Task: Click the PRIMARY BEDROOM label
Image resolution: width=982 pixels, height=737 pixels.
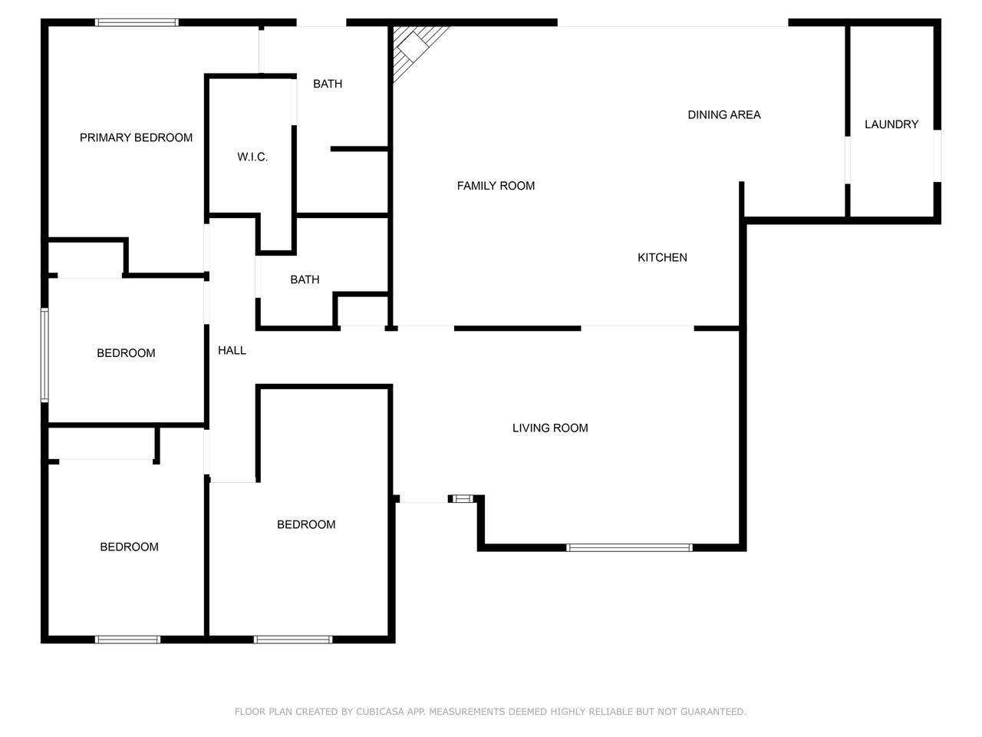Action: [136, 137]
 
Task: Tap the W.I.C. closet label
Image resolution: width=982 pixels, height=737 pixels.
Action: [252, 157]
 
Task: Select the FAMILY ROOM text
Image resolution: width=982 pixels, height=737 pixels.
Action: [496, 186]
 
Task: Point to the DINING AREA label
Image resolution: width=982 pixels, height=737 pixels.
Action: [724, 115]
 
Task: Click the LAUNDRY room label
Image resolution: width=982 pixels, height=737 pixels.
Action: [891, 124]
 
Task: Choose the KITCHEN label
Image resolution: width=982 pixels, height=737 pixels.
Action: [662, 257]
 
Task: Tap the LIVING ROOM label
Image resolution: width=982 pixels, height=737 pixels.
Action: [550, 428]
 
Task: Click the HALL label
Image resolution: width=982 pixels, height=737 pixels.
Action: [232, 350]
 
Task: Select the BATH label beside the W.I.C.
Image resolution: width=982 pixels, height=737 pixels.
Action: [328, 84]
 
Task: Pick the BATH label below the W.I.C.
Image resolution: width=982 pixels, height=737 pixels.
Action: [305, 279]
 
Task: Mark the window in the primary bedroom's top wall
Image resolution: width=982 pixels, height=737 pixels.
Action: [137, 22]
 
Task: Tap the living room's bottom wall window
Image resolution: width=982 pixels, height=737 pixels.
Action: [629, 547]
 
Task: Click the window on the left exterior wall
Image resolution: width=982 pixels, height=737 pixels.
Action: [44, 355]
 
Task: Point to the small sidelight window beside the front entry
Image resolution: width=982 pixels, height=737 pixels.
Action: [461, 498]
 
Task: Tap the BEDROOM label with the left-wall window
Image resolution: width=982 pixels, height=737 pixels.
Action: [126, 353]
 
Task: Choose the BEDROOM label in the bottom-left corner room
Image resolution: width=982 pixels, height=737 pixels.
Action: [130, 547]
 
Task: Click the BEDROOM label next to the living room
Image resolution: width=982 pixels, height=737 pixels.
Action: [306, 524]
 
